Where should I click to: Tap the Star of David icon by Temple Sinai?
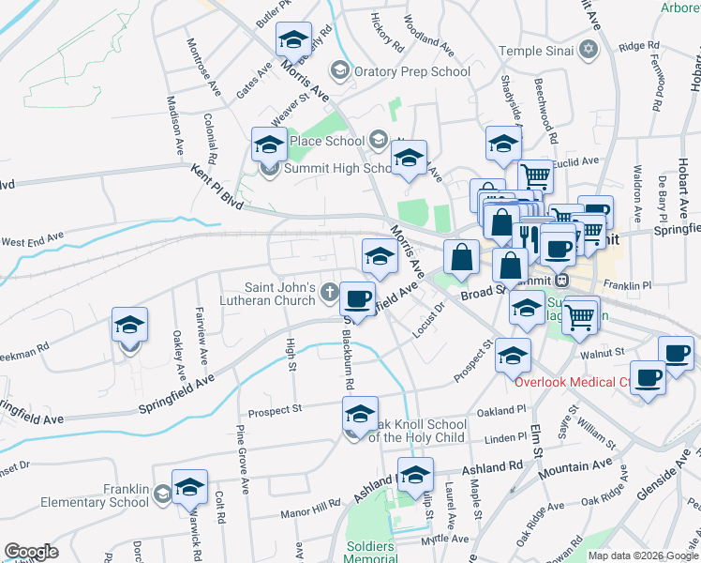589,49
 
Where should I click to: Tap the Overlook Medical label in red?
571,383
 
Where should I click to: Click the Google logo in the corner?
31,552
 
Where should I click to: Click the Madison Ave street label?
173,125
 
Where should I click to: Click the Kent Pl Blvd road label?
216,187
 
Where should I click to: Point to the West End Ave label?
32,242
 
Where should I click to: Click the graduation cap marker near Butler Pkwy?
293,40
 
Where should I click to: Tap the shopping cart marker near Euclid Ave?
535,175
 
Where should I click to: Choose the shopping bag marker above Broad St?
461,257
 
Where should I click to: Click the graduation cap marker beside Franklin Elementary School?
189,486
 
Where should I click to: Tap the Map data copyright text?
643,555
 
